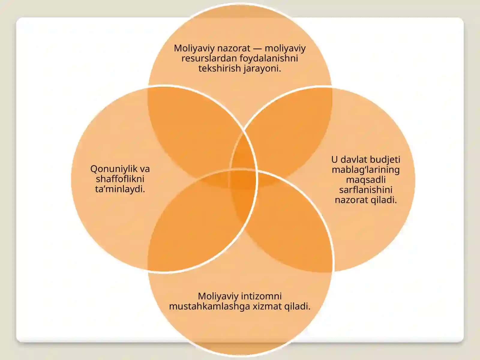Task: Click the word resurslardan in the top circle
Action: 209,58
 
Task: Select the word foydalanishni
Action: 269,58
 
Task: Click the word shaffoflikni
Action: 120,179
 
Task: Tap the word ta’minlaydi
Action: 120,189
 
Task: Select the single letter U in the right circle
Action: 334,160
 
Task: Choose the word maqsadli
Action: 366,180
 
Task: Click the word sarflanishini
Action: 366,190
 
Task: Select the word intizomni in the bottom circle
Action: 261,296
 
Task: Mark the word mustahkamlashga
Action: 209,307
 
